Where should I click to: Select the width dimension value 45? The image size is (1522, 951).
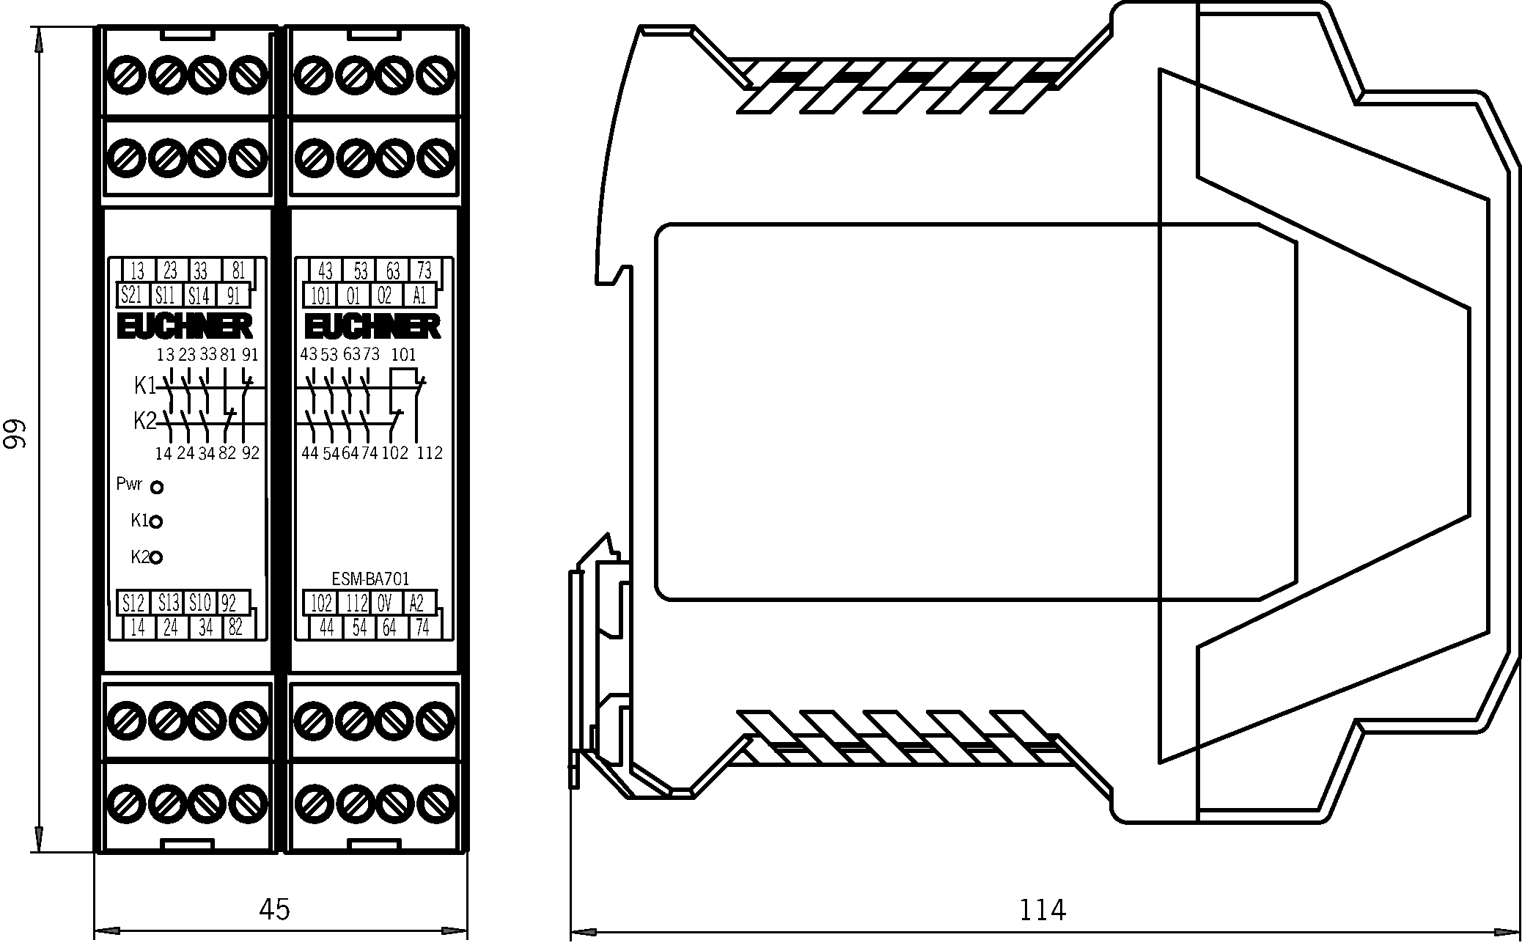coord(275,909)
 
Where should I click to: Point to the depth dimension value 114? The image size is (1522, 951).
coord(1042,910)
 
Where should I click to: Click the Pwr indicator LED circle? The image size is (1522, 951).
coord(157,487)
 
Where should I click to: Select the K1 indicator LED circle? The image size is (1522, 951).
coord(156,522)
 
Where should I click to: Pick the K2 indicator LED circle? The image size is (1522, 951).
coord(155,558)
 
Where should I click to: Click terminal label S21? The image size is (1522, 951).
coord(130,295)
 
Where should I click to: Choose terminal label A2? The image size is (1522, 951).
coord(416,603)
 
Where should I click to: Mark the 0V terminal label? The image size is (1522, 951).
coord(385,603)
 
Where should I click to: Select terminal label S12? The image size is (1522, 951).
coord(133,603)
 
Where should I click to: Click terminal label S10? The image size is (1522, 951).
coord(199,603)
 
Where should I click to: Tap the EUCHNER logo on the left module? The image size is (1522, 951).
coord(185,327)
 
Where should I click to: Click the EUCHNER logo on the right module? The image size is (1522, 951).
coord(372,327)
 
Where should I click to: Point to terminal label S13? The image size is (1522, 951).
coord(169,603)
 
